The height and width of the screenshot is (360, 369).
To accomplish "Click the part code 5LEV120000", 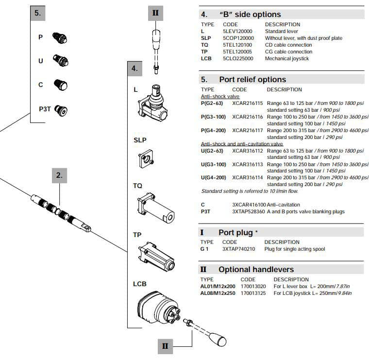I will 238,31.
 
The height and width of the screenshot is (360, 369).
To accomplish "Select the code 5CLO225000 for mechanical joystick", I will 238,58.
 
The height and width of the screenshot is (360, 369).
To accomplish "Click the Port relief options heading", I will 252,79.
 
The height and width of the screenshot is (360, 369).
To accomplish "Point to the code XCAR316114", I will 247,178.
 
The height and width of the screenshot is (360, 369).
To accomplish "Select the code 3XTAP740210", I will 238,249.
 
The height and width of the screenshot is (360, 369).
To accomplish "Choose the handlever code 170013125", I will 253,293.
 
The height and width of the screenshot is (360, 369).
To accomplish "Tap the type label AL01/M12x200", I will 218,286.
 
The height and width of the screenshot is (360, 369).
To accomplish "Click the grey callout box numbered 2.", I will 59,175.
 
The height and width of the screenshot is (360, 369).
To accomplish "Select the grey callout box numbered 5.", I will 37,13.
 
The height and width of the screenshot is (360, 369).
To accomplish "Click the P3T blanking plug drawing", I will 61,109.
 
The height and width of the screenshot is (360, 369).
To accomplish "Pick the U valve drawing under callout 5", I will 60,61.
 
